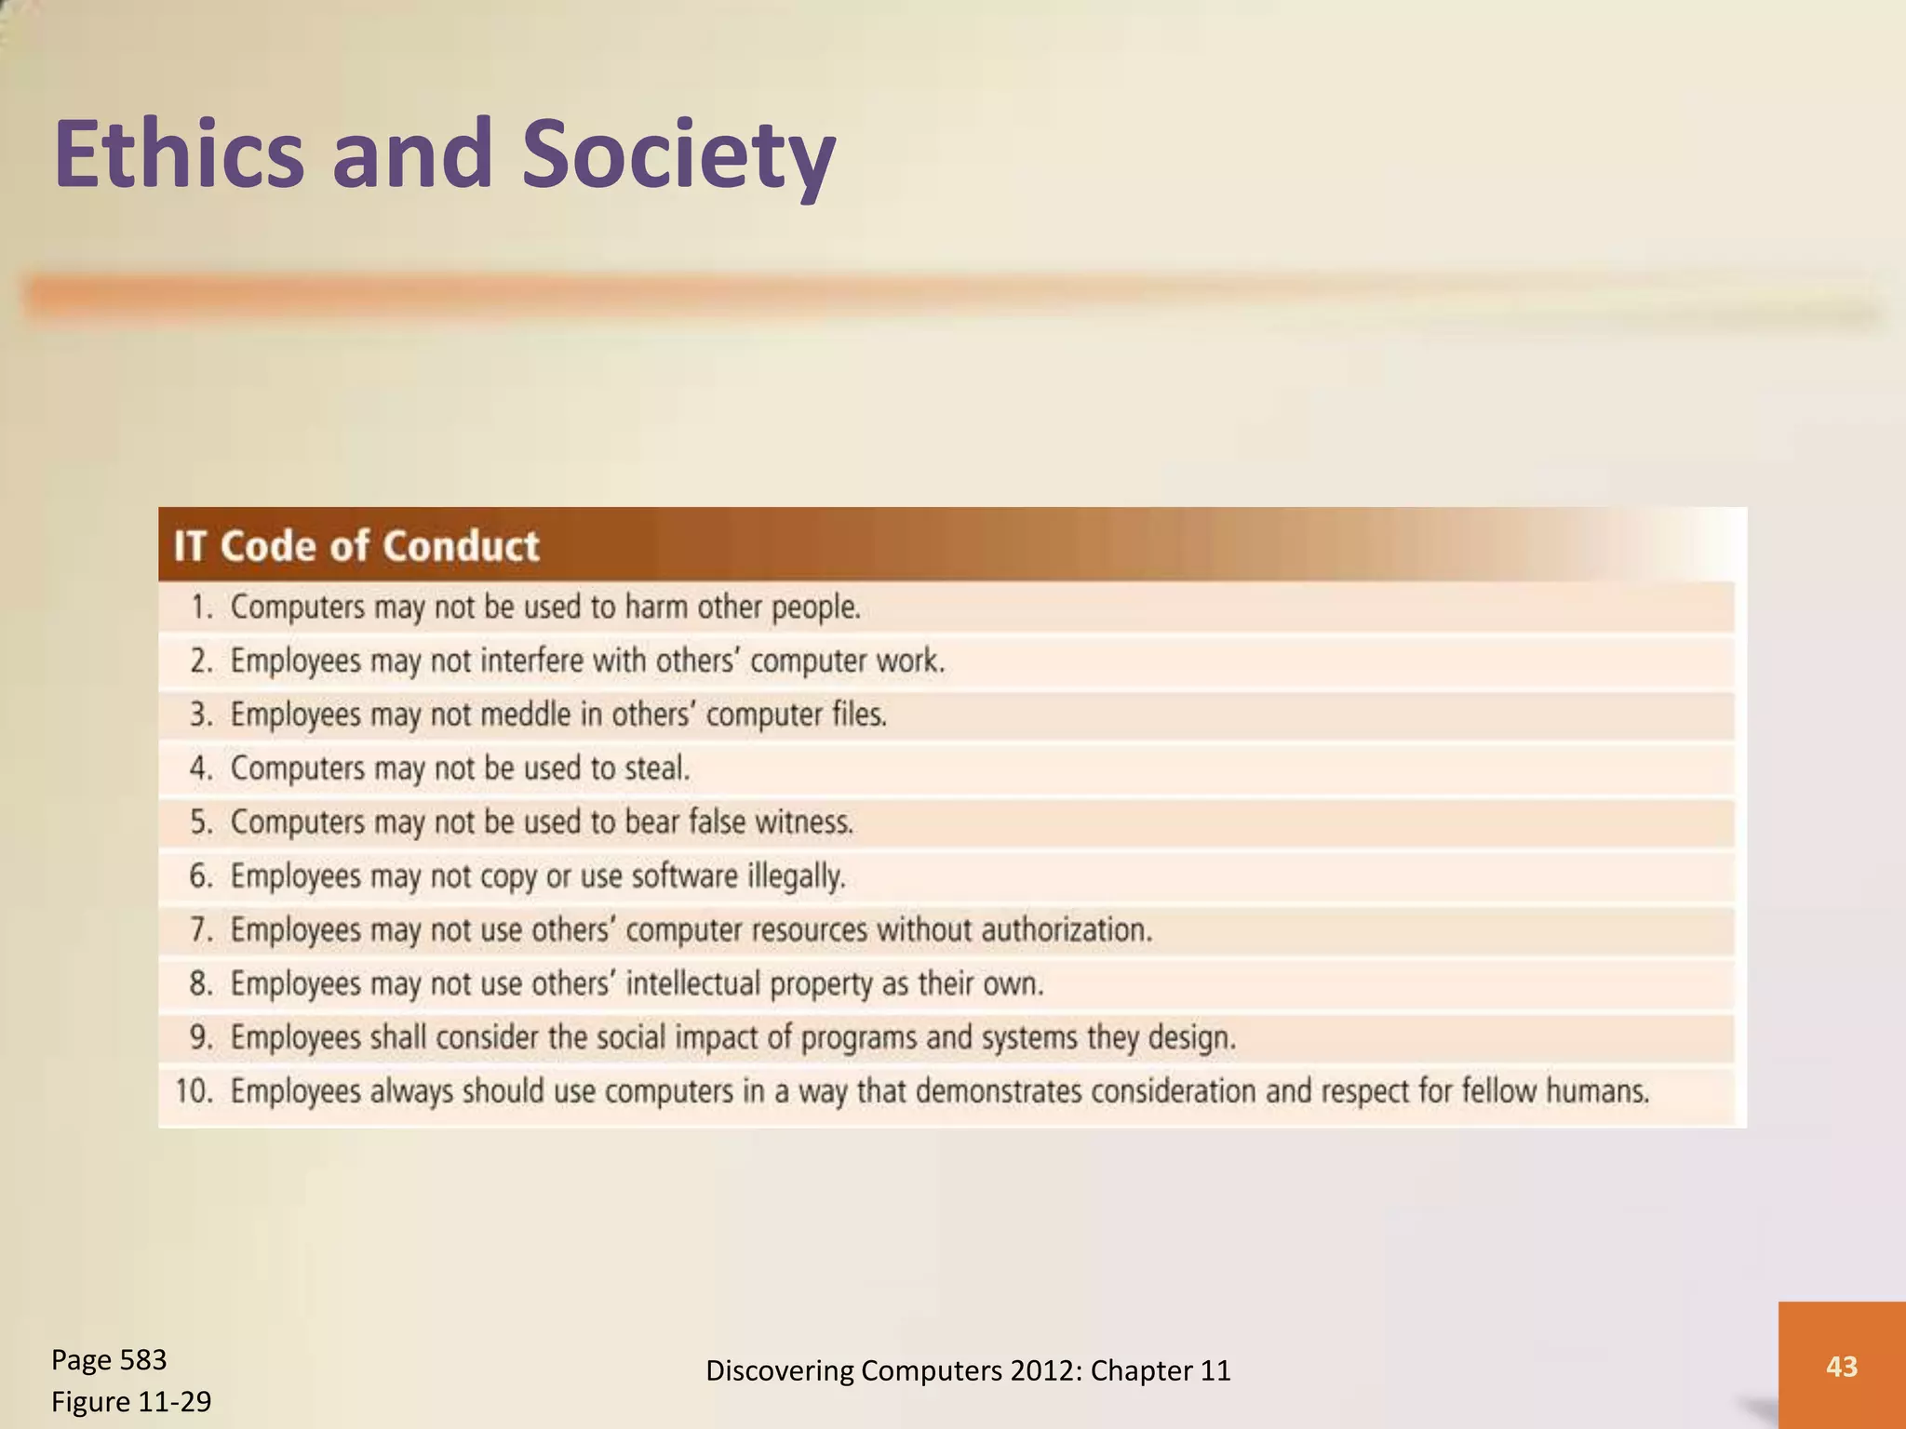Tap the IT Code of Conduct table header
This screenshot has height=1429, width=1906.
click(x=356, y=546)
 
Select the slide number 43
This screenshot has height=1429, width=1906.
click(x=1842, y=1366)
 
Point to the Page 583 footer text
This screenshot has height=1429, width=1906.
click(x=109, y=1359)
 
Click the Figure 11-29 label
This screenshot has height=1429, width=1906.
click(x=131, y=1401)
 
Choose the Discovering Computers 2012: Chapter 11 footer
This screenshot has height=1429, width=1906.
click(x=968, y=1370)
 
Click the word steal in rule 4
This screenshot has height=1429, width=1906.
click(x=657, y=768)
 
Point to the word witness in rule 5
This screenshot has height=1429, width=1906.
click(x=803, y=822)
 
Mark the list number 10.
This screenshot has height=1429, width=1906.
click(x=195, y=1091)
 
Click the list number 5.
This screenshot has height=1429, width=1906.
click(x=202, y=822)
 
